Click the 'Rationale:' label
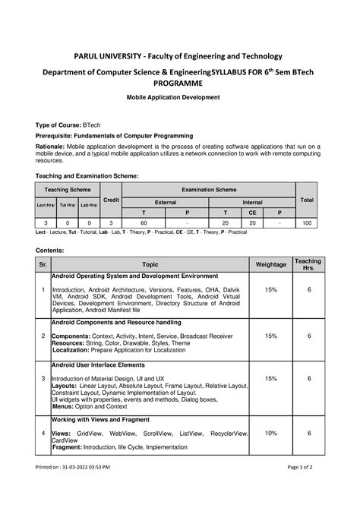coord(53,145)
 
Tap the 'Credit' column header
coord(111,199)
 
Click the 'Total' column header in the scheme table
coord(307,199)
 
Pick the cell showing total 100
coord(307,224)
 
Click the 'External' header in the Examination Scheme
coord(165,203)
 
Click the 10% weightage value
coord(271,432)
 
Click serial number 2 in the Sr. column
coord(43,335)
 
